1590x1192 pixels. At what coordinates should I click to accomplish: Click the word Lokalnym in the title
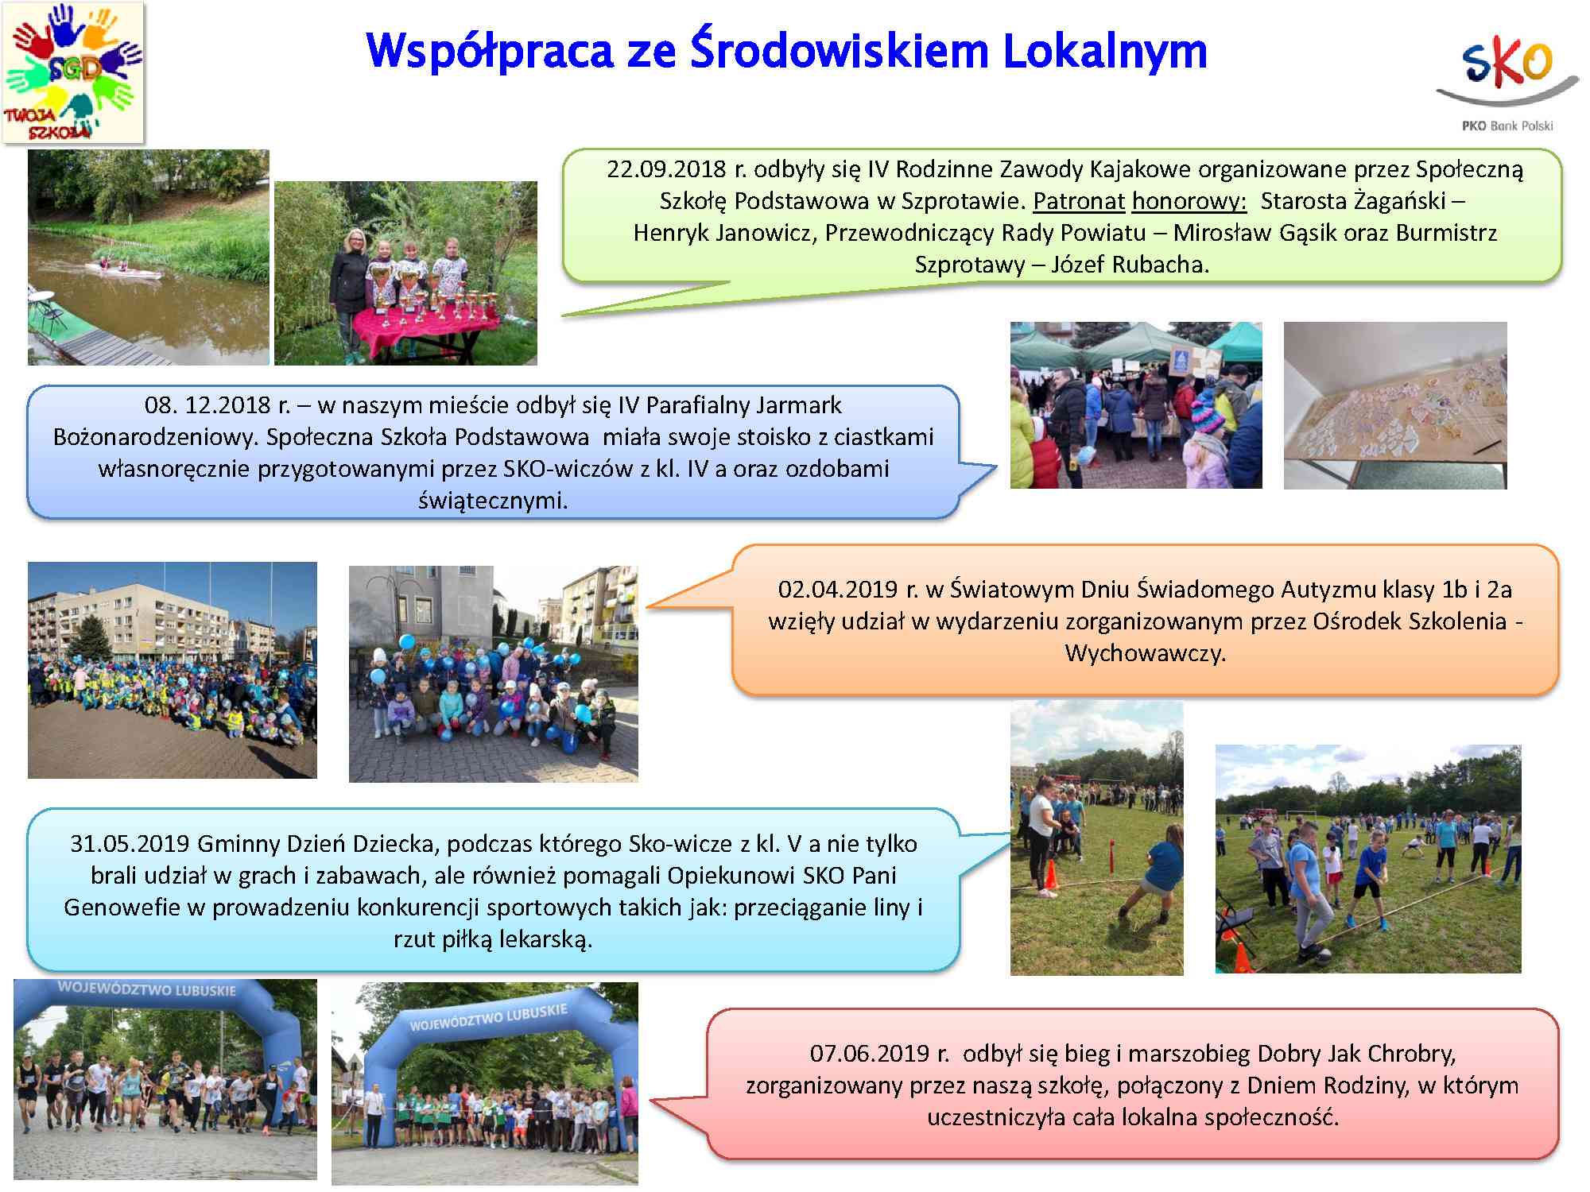coord(1105,51)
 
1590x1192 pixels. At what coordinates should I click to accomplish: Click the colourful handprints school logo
coord(73,72)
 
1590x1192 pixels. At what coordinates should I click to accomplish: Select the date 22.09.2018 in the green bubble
coord(666,169)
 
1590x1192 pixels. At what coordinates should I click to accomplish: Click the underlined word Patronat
coord(1079,201)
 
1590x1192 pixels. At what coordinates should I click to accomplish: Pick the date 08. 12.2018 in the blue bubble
coord(208,405)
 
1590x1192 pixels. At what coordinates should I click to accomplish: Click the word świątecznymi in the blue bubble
coord(493,501)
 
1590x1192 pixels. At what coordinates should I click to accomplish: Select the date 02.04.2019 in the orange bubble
coord(837,590)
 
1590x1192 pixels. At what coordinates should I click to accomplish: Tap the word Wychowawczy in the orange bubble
coord(1146,653)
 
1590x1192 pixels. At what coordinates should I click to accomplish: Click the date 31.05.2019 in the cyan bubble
coord(130,844)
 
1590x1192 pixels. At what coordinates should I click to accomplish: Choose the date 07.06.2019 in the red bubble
coord(870,1054)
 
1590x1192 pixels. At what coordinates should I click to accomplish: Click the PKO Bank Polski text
coord(1507,126)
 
